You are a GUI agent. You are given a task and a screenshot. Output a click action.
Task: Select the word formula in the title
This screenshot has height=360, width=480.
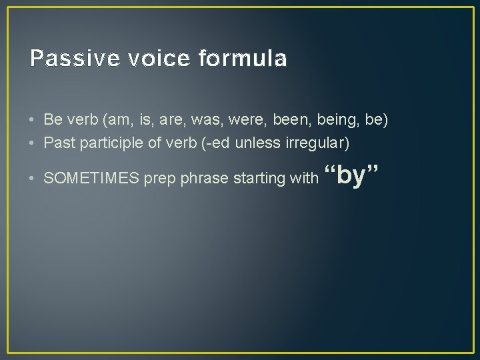(243, 59)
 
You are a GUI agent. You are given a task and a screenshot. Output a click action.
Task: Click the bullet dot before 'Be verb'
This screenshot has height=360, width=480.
(33, 121)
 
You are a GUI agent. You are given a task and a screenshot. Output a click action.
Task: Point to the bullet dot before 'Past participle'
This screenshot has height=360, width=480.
(33, 143)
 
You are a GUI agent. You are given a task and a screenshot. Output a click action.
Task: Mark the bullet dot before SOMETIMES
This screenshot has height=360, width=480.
(33, 179)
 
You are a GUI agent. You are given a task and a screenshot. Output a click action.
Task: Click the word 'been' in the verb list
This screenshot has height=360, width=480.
(288, 121)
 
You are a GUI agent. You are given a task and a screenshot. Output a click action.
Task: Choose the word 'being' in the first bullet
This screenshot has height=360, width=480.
(331, 121)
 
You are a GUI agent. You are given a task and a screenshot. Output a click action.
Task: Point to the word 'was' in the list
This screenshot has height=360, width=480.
(211, 121)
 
